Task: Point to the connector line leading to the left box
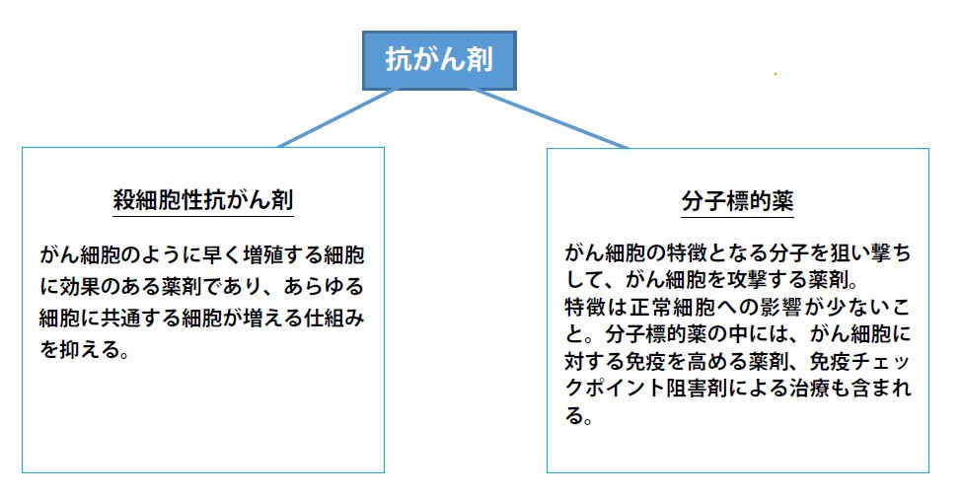335,118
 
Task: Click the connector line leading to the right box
549,118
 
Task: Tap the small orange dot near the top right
776,74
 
